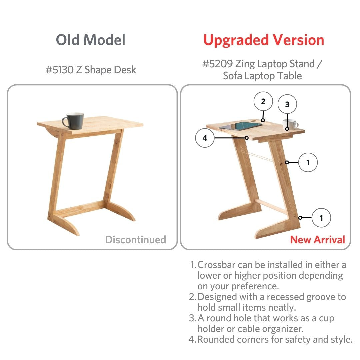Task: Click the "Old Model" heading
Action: point(91,40)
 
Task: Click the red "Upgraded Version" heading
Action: point(264,40)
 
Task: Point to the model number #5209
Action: point(217,64)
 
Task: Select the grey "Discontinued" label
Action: point(135,239)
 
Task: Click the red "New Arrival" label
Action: point(318,239)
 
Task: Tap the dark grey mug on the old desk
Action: point(73,121)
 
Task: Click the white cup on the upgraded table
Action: point(291,124)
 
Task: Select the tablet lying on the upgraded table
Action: point(240,126)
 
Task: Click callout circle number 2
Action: point(263,101)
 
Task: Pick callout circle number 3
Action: point(287,104)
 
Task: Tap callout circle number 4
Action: point(205,138)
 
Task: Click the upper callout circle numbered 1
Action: point(308,162)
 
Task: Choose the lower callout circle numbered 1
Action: point(321,218)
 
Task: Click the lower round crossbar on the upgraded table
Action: point(271,206)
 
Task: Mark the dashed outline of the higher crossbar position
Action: point(257,156)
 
